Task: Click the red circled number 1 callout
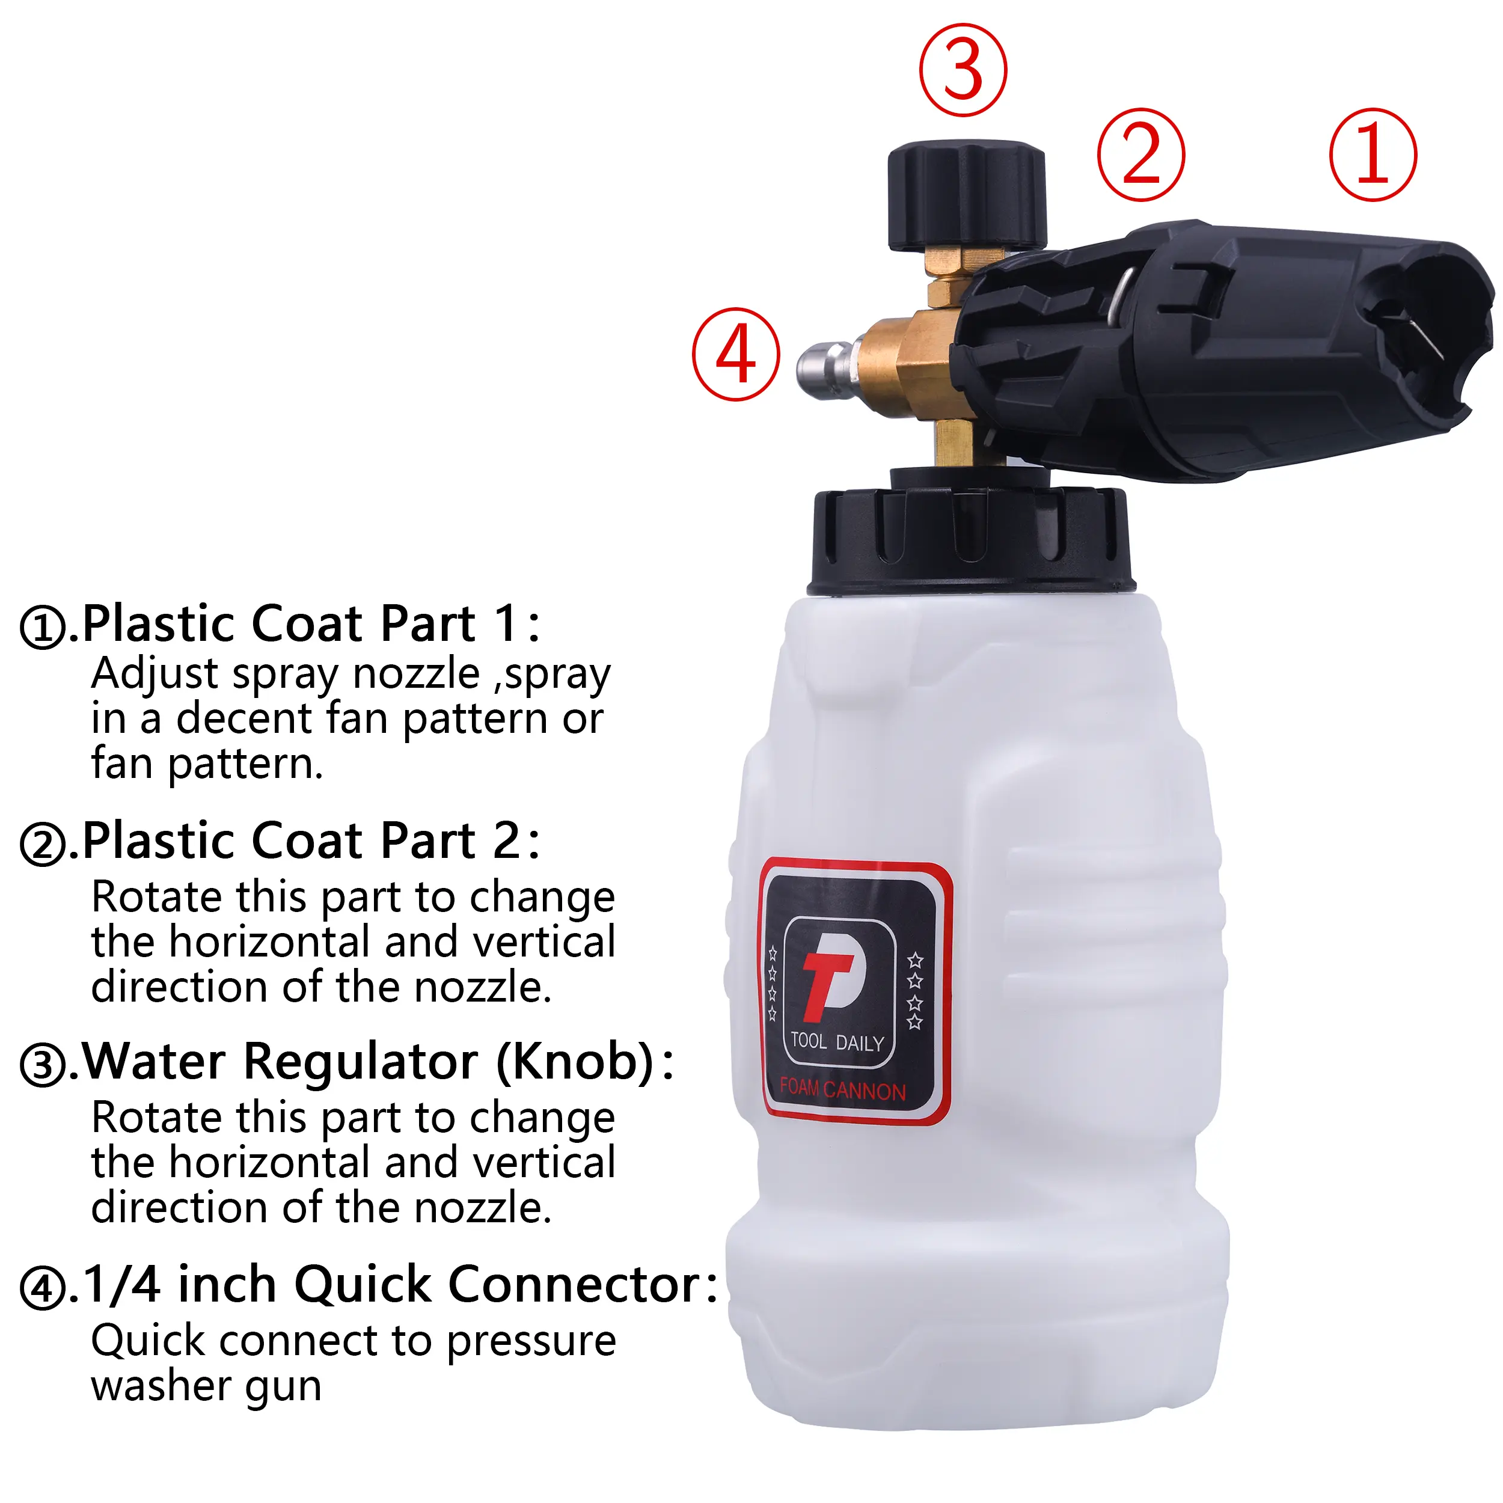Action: pos(1373,155)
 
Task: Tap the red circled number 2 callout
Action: pos(1141,155)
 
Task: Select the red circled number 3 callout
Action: pos(963,70)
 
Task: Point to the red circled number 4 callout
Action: pos(736,355)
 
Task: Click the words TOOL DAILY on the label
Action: pos(837,1042)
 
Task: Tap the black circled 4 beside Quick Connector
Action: pos(43,1288)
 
